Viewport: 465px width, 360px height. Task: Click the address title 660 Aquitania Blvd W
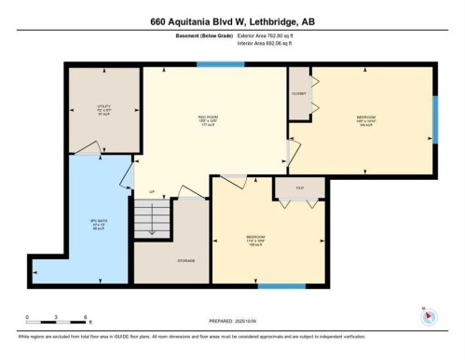[x=232, y=21]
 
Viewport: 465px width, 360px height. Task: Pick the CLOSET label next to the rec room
[x=298, y=94]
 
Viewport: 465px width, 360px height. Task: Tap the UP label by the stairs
[x=152, y=192]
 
